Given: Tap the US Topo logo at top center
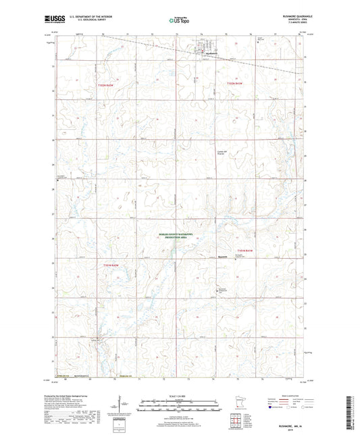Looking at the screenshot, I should pos(179,21).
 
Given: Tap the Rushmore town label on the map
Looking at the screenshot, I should pos(210,53).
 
